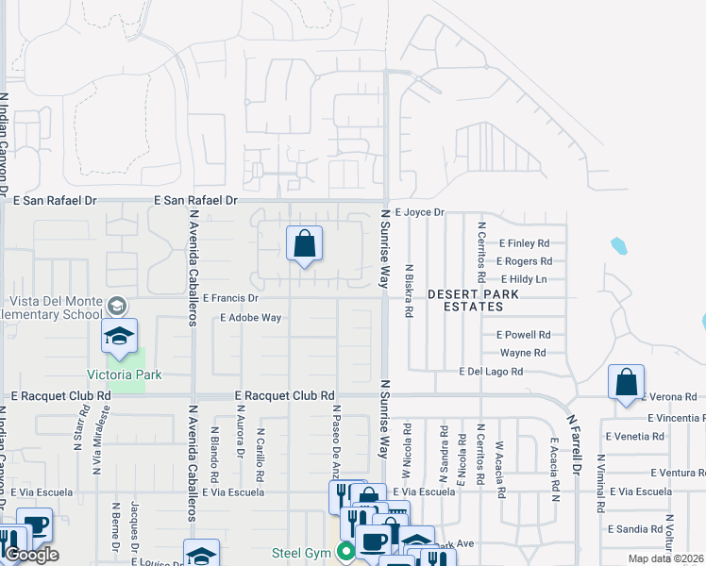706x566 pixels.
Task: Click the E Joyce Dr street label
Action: click(419, 213)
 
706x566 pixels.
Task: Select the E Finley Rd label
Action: click(524, 243)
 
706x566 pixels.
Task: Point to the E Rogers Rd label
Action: click(522, 261)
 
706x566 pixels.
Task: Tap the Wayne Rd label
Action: click(523, 353)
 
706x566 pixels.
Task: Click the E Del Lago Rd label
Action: click(491, 373)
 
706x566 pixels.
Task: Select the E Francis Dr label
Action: click(230, 297)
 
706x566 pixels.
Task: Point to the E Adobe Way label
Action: click(250, 318)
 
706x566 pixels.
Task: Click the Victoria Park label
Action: click(125, 375)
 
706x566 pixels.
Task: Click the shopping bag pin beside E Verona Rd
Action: click(626, 383)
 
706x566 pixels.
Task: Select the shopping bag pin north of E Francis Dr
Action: click(304, 244)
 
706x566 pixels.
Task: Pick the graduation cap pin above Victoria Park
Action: click(120, 337)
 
